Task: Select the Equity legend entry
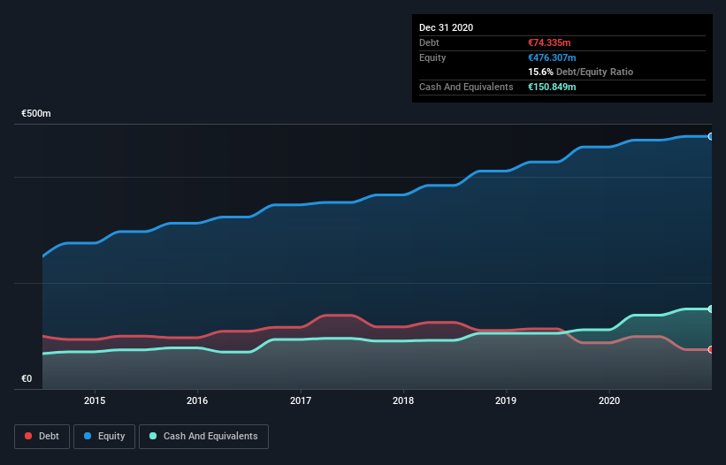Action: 104,436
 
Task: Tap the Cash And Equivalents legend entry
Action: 203,436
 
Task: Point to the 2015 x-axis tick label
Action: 95,400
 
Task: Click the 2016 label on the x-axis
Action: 197,400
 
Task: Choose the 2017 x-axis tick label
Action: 301,400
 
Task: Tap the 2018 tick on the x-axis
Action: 403,400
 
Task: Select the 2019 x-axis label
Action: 507,400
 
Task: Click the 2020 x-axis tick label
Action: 609,400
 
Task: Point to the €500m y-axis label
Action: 36,114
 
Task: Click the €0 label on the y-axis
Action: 27,379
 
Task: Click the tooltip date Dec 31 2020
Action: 446,27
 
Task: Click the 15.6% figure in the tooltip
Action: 540,72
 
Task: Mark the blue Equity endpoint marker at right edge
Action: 710,136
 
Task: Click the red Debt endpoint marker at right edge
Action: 710,349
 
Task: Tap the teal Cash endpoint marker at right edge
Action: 710,309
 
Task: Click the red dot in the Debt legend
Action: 29,436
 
